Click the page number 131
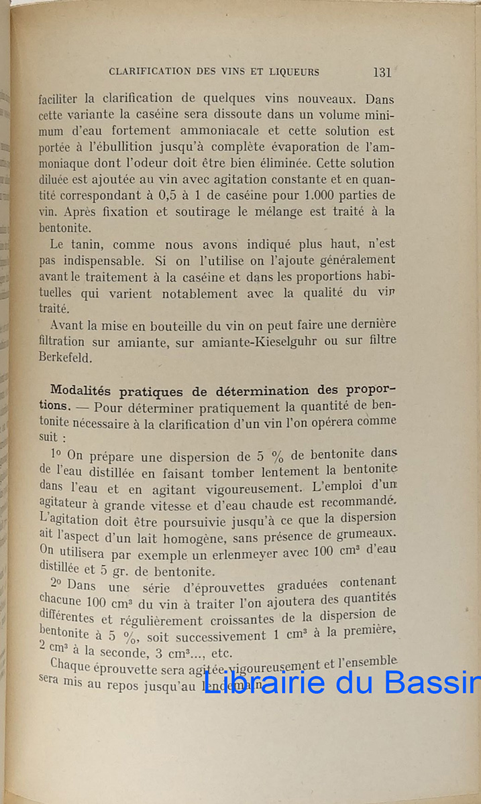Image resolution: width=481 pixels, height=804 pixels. click(382, 72)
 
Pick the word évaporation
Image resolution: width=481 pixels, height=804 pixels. click(321, 147)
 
